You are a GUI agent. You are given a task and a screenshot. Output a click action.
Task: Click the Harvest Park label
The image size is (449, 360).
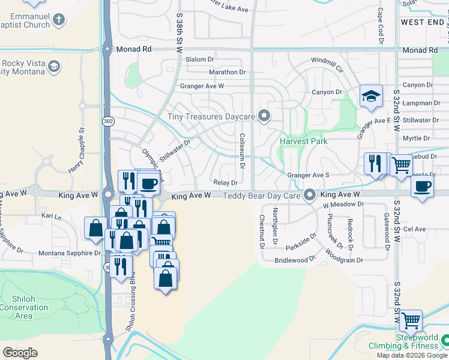click(303, 142)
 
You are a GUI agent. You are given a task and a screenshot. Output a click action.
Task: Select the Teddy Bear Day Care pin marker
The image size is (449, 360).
click(310, 195)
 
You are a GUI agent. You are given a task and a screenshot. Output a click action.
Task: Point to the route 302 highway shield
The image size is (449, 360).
click(108, 121)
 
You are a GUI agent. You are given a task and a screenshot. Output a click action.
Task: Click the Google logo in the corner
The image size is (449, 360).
click(20, 353)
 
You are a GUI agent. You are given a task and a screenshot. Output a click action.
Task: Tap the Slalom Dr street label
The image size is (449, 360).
click(200, 59)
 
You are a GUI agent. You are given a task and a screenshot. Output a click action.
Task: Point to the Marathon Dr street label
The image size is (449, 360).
click(228, 72)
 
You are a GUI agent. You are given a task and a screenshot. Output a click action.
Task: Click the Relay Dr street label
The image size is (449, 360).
click(226, 182)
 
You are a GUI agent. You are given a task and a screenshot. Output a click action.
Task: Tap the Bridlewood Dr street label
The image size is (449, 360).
click(295, 260)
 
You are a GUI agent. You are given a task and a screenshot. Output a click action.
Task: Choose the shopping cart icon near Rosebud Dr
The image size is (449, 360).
click(401, 164)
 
